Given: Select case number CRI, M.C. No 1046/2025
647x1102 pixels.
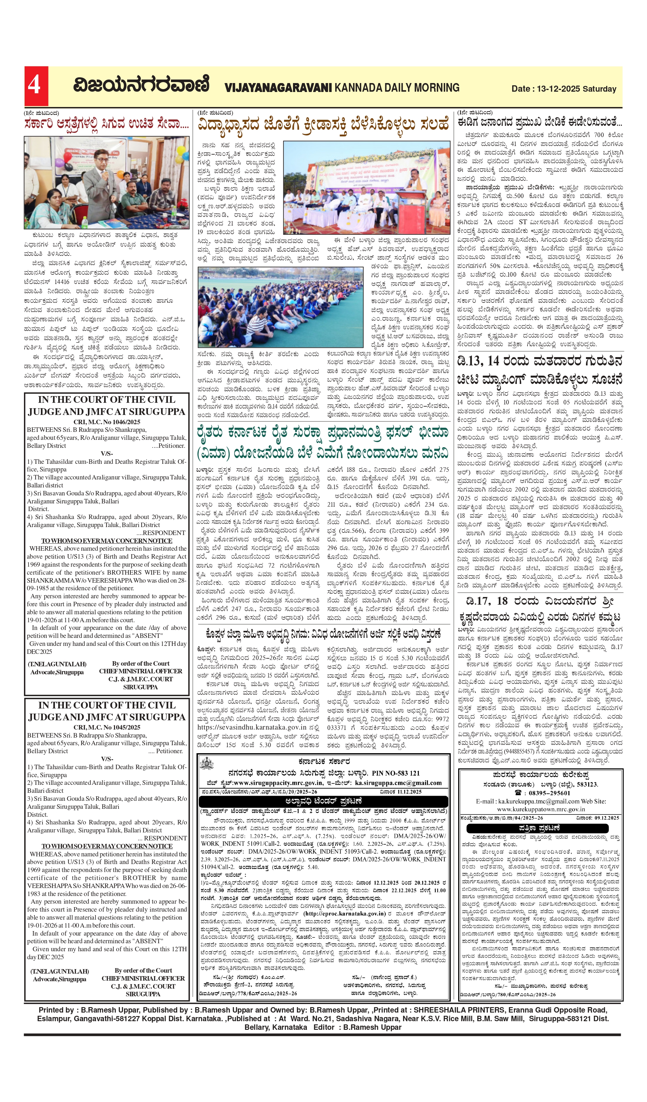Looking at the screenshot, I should [107, 422].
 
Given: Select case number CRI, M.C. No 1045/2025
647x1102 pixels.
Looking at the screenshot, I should [107, 727].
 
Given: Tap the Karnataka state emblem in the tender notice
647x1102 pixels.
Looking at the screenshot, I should [206, 764].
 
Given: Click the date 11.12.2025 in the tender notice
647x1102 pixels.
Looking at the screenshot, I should [407, 792].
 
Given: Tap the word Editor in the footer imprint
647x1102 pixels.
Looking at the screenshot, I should [324, 1028].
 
